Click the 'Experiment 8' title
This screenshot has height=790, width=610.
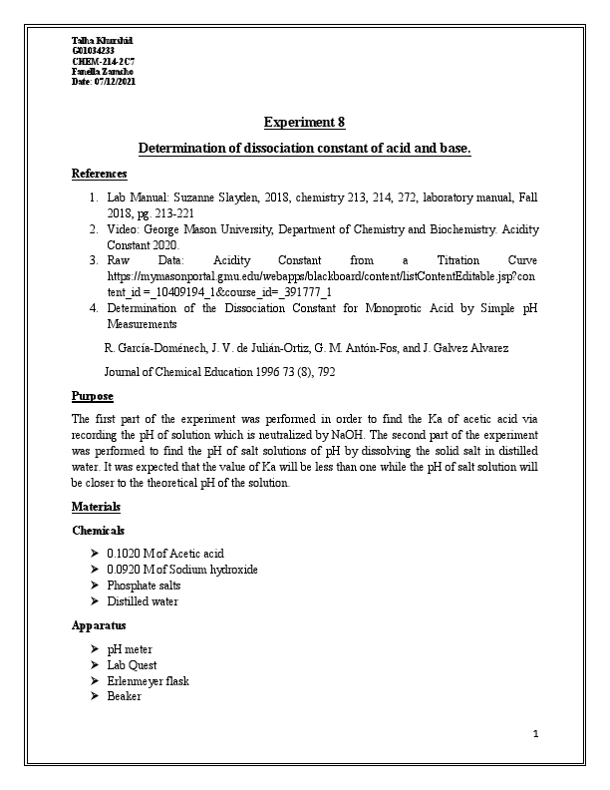[304, 123]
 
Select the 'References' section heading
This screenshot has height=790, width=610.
[99, 174]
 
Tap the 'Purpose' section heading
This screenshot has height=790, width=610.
[93, 396]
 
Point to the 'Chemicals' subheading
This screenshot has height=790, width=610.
[99, 530]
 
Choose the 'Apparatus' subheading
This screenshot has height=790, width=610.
[99, 626]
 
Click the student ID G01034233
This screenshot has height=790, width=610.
[93, 50]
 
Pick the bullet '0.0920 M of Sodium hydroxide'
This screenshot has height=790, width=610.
[181, 569]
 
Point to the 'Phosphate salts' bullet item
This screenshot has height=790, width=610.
[144, 586]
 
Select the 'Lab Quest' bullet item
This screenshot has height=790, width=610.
[132, 665]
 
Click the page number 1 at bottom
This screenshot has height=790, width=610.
[535, 735]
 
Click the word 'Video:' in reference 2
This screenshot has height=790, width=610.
[123, 228]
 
